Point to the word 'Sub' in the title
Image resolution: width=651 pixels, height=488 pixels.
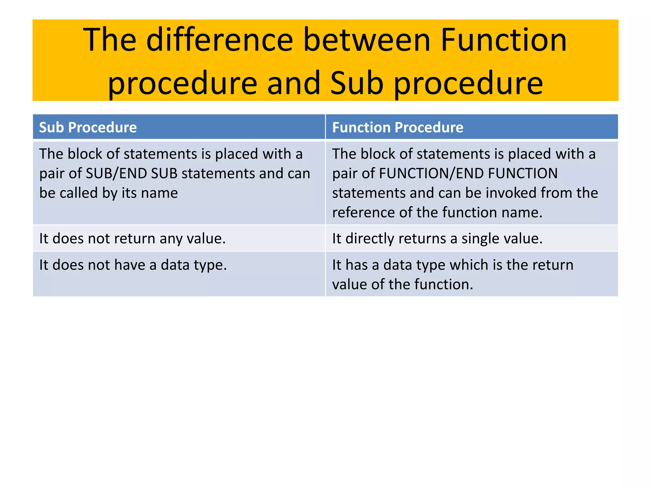pyautogui.click(x=357, y=83)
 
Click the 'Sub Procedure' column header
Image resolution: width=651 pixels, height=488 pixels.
pyautogui.click(x=88, y=127)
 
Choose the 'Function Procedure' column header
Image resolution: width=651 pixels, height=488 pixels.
pyautogui.click(x=398, y=127)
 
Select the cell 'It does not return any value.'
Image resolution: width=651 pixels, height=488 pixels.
pyautogui.click(x=132, y=239)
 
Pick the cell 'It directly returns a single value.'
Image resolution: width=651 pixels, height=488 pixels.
pyautogui.click(x=437, y=239)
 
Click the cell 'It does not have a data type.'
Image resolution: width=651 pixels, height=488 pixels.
pyautogui.click(x=133, y=265)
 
